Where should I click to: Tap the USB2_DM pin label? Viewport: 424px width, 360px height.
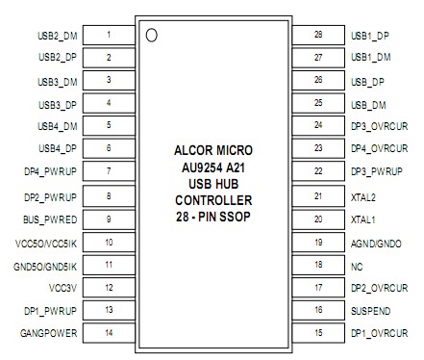(57, 35)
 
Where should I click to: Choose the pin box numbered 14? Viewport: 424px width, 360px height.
(109, 333)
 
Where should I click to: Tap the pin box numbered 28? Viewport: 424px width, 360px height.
(317, 35)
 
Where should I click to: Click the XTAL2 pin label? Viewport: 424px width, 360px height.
(363, 195)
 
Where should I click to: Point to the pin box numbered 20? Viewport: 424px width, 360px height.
(317, 219)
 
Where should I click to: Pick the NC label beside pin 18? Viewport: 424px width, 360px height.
(357, 265)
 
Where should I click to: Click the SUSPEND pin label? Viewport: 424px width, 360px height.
(368, 311)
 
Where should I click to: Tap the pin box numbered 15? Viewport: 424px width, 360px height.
(317, 333)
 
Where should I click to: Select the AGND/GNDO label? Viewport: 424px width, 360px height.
(372, 242)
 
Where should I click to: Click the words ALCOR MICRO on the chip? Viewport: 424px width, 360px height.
(213, 150)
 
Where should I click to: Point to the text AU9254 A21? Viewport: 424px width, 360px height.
(213, 167)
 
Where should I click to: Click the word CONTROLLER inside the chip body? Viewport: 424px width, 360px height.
(213, 200)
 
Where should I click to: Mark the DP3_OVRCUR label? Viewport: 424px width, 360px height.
(380, 126)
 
